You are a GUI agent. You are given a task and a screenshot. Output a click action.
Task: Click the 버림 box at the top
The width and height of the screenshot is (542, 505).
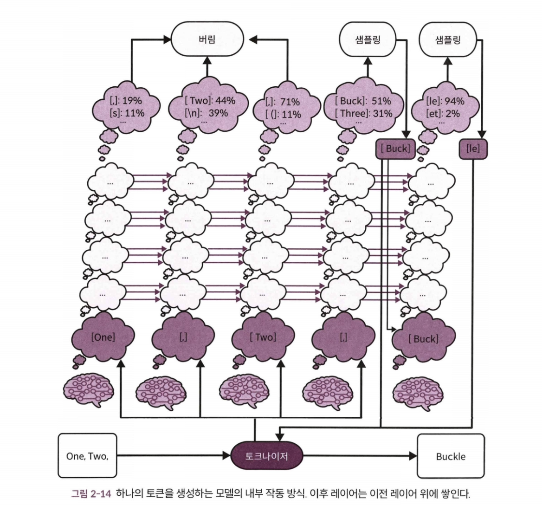point(207,39)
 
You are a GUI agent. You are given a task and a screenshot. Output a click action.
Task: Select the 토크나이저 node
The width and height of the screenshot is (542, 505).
point(266,456)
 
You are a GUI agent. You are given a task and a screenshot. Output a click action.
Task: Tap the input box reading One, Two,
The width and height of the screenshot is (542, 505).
point(87,456)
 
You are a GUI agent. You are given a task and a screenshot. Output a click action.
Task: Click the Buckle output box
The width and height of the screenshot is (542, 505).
point(450,456)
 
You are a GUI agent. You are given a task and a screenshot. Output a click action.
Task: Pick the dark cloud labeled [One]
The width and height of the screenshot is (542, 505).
point(103,337)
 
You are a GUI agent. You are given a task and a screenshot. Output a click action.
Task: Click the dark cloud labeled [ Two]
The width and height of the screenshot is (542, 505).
point(263,337)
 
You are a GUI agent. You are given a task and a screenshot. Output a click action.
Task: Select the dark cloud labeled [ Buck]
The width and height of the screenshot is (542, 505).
point(423,339)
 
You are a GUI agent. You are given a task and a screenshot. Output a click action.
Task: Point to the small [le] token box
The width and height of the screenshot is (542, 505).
point(473,149)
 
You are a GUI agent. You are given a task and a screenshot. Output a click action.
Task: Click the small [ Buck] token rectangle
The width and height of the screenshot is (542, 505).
point(395,149)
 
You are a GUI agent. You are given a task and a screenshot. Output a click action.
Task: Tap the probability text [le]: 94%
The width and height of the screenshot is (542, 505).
point(445,101)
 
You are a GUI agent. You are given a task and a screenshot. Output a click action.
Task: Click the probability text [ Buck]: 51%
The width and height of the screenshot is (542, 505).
point(363,101)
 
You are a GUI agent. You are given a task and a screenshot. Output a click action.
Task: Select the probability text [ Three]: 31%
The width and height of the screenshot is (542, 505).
point(363,113)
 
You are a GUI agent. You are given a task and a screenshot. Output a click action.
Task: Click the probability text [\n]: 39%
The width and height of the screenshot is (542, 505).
point(206,113)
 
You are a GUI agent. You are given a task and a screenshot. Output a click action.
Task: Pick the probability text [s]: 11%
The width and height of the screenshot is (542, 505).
point(127,113)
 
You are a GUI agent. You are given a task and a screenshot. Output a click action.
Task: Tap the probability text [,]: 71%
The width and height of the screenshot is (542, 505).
point(282,102)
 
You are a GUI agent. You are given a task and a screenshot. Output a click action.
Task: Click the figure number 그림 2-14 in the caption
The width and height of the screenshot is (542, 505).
point(91,493)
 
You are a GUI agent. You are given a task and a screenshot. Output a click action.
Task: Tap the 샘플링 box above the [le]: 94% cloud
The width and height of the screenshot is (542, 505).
point(448,39)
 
